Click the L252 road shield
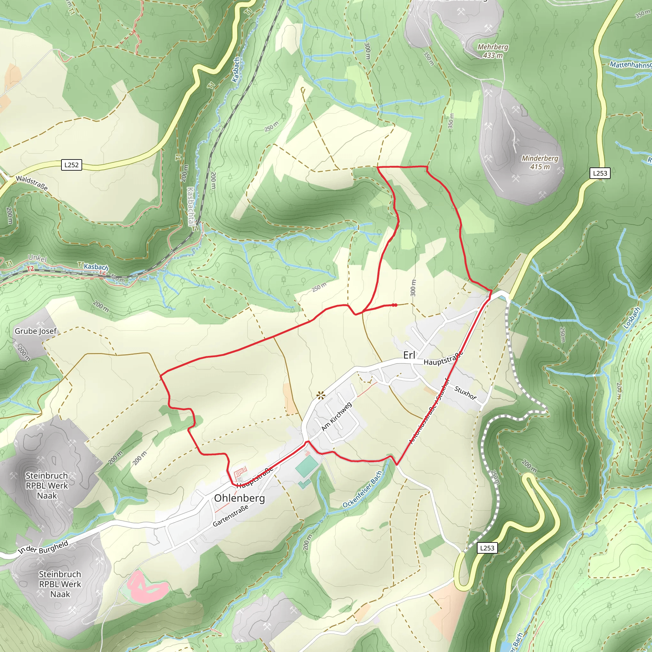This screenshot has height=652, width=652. (x=71, y=165)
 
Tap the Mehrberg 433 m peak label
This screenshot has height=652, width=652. (x=493, y=51)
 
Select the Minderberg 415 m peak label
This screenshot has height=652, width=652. (x=540, y=162)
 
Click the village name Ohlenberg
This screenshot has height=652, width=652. (x=239, y=498)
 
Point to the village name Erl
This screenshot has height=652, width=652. (x=409, y=355)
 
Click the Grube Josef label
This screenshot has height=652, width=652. (x=35, y=331)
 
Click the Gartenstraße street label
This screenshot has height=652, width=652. (x=230, y=516)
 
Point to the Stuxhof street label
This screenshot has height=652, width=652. (x=465, y=393)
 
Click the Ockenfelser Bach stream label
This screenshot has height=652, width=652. (x=362, y=489)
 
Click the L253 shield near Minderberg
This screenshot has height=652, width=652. (x=600, y=173)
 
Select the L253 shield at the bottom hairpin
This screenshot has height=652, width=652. (x=487, y=548)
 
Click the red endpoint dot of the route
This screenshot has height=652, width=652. (x=394, y=305)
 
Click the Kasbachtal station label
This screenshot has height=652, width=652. (x=191, y=206)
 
